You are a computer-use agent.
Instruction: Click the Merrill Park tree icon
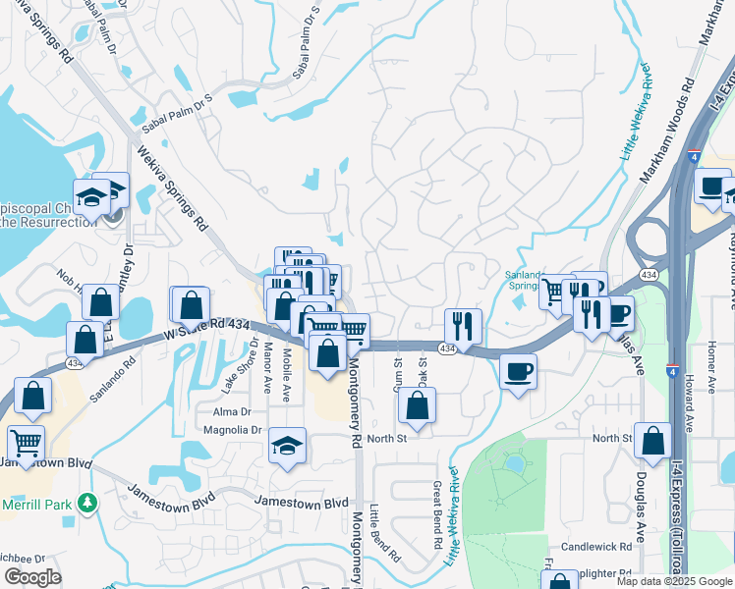87,502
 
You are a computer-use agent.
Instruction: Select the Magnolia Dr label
232,430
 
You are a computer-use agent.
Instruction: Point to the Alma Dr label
233,412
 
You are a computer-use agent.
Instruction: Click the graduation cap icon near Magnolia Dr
287,447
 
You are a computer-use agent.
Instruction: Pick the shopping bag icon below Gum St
418,404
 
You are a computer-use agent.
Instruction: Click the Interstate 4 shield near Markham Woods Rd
695,156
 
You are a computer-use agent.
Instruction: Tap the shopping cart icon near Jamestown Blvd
26,442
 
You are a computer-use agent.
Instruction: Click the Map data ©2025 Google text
674,580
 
